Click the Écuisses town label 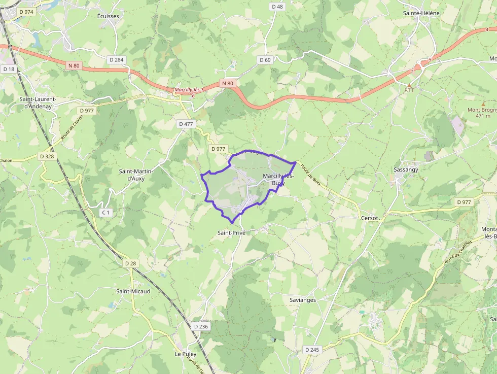point(109,16)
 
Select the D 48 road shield point(277,7)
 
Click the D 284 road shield point(116,60)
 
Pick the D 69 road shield point(265,60)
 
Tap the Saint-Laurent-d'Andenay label point(38,103)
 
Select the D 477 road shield point(186,123)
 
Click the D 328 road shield point(46,156)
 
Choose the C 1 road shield point(105,213)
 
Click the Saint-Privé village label point(231,232)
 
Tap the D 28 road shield point(130,263)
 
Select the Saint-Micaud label point(133,291)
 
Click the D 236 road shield point(201,326)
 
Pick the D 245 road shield point(312,350)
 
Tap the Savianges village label point(303,300)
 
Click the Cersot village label point(370,218)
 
